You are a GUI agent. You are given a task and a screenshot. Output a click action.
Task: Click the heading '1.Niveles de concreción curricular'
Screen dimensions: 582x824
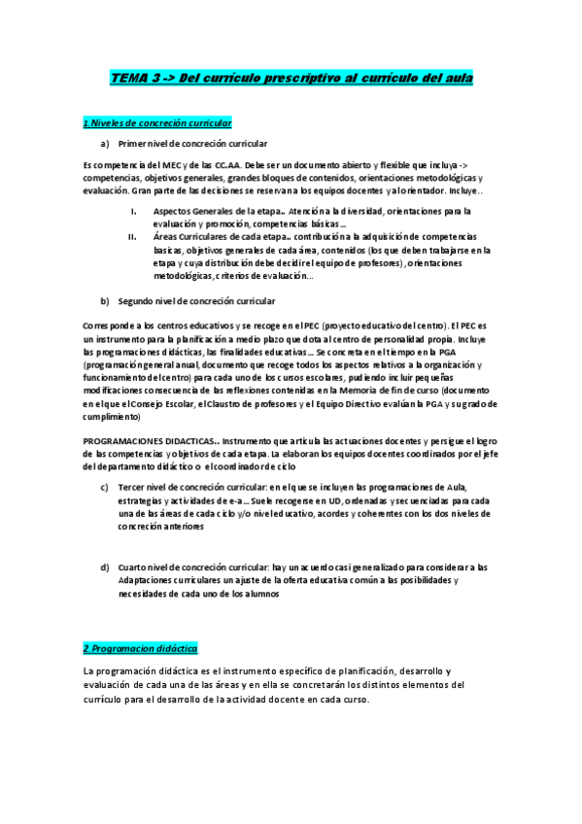[x=157, y=123]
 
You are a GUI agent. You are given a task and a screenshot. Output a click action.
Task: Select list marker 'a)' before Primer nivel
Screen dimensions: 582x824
[x=105, y=144]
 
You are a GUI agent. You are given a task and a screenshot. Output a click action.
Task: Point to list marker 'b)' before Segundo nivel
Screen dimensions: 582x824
[x=105, y=301]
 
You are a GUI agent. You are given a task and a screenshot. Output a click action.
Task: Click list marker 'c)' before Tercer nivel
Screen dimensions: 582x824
[x=105, y=486]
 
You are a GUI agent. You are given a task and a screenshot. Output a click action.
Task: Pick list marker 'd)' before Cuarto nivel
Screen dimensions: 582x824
[x=105, y=566]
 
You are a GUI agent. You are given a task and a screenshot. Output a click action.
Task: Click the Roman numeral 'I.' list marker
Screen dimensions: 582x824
[x=134, y=210]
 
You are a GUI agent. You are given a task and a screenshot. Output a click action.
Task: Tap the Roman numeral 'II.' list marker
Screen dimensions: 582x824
[x=133, y=236]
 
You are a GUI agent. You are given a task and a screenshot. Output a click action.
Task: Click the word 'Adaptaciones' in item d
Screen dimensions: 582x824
[x=145, y=580]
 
